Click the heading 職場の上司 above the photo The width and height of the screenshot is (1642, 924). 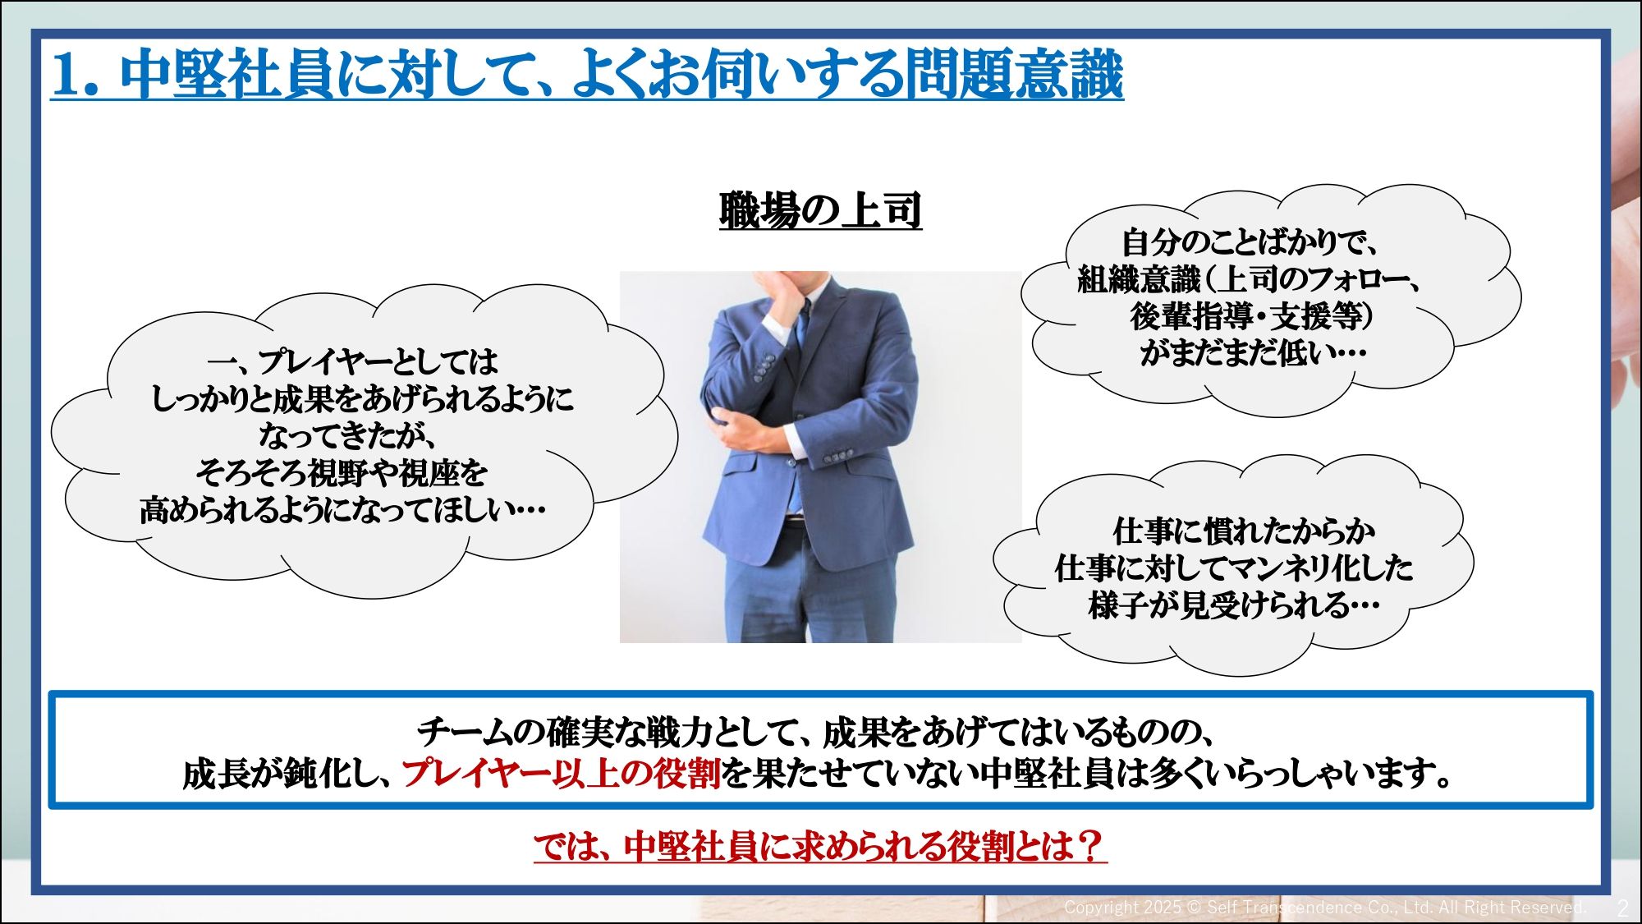[820, 210]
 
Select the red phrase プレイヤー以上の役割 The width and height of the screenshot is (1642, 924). [562, 773]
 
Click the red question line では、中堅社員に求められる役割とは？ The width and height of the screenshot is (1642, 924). [820, 846]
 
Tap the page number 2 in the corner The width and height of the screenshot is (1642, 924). [1622, 908]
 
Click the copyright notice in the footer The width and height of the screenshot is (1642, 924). [1324, 908]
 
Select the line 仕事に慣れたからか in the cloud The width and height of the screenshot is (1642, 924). [1244, 531]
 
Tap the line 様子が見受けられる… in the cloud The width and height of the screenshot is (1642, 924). [1234, 605]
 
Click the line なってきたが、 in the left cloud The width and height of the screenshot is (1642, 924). [347, 435]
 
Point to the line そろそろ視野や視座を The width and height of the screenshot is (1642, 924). [342, 472]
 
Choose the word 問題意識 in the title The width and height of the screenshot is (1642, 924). [1014, 76]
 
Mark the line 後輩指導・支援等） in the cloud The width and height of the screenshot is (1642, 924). [1251, 316]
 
